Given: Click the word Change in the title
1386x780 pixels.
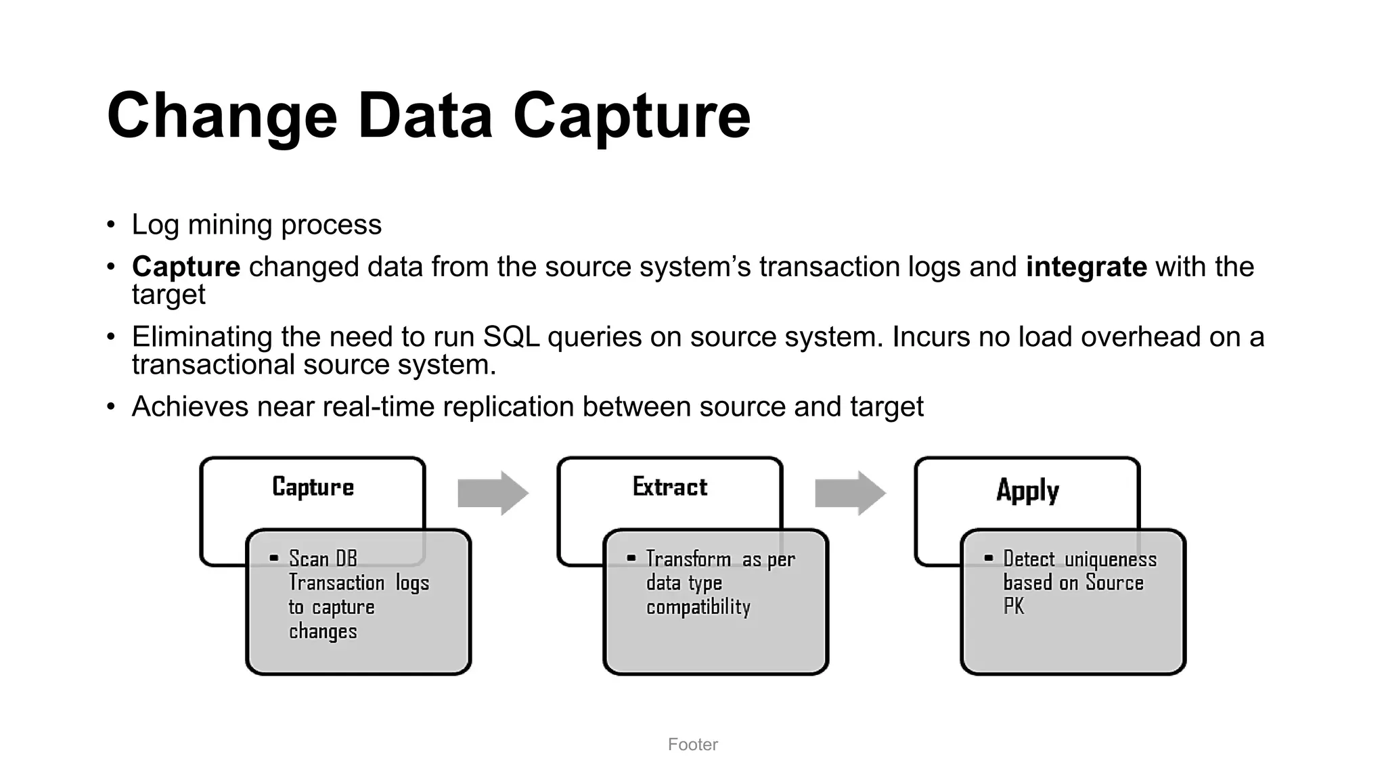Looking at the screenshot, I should pyautogui.click(x=222, y=116).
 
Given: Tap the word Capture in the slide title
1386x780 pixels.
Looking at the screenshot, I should pyautogui.click(x=631, y=116).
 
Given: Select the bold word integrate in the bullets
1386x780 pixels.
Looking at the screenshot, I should pyautogui.click(x=1086, y=267).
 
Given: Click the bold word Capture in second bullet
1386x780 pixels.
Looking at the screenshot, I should pyautogui.click(x=186, y=267).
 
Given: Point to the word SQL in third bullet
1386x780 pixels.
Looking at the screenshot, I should pyautogui.click(x=511, y=337).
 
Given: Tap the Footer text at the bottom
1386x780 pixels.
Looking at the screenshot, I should pyautogui.click(x=692, y=745).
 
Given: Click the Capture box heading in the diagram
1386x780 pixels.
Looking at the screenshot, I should pyautogui.click(x=313, y=487).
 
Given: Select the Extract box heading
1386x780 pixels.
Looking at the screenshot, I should pyautogui.click(x=670, y=487).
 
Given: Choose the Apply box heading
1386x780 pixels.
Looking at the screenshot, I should pyautogui.click(x=1027, y=490).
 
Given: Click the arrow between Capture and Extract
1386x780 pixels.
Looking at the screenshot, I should pyautogui.click(x=493, y=493).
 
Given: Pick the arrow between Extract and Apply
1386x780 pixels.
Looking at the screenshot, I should pyautogui.click(x=850, y=493).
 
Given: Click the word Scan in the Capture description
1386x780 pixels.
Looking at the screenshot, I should pyautogui.click(x=309, y=559).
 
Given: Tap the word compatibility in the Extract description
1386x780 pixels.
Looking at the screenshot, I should pyautogui.click(x=698, y=607).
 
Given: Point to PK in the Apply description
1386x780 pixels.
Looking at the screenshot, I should pyautogui.click(x=1013, y=607).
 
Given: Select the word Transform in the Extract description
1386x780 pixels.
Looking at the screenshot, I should pyautogui.click(x=688, y=559).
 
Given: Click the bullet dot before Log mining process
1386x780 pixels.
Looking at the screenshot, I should pyautogui.click(x=111, y=225).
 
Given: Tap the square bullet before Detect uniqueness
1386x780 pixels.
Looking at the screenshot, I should pyautogui.click(x=988, y=559).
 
